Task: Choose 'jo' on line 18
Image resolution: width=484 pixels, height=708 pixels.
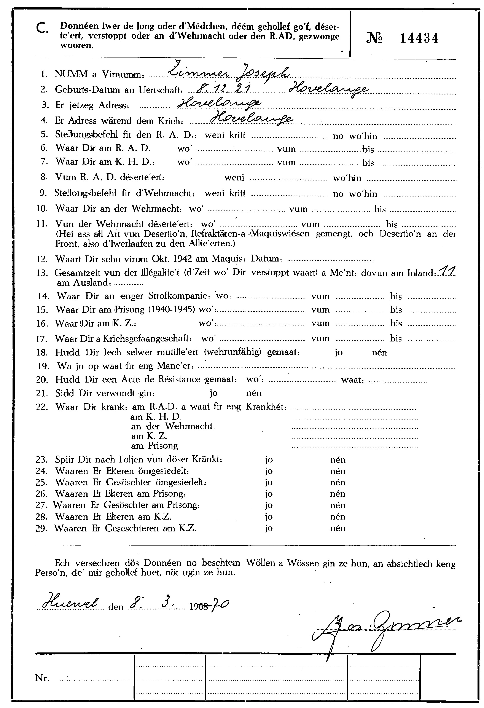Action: point(339,353)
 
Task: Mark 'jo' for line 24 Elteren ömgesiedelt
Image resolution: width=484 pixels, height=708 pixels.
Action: point(269,471)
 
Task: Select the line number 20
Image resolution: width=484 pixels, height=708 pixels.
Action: point(42,380)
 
